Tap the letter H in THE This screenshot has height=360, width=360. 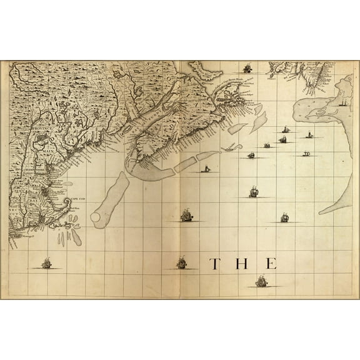point(242,264)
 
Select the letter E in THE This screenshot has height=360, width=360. point(270,264)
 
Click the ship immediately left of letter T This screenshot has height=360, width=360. point(182,262)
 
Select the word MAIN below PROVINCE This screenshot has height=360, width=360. point(46,149)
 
